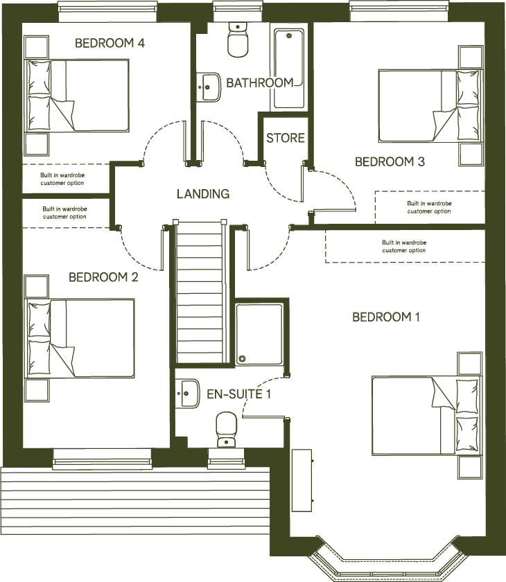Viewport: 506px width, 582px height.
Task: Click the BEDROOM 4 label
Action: (110, 43)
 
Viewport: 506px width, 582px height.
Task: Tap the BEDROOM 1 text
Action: (386, 317)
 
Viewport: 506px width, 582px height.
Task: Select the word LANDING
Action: (202, 194)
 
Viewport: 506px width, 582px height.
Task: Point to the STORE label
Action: (286, 138)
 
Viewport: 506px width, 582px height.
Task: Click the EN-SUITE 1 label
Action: (239, 394)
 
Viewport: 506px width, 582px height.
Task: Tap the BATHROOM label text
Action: (259, 82)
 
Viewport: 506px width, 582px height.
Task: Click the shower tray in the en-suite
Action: (259, 333)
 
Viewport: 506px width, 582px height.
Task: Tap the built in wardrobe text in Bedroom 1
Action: (403, 247)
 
